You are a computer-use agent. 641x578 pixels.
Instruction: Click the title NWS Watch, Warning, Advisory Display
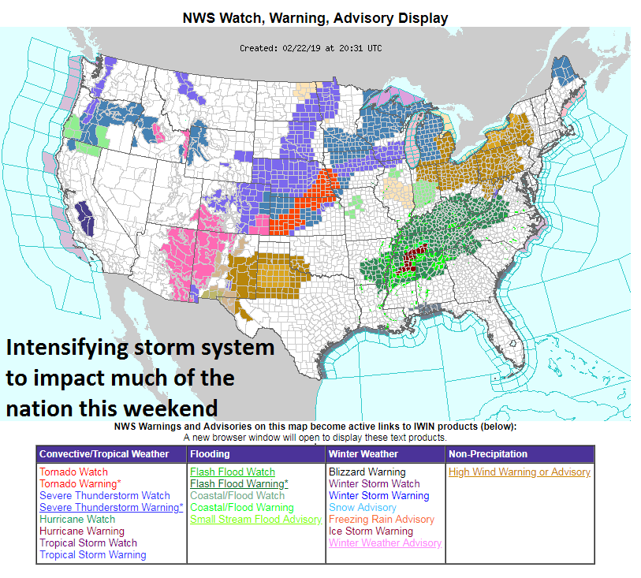tap(315, 17)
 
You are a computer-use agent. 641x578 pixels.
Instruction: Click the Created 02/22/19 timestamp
tap(310, 48)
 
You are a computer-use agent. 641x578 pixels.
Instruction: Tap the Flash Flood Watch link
tap(232, 472)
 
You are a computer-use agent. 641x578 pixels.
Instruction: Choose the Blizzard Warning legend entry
tap(367, 472)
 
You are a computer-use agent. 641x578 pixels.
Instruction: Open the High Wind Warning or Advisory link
tap(519, 472)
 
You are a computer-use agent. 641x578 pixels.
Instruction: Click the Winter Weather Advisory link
tap(385, 543)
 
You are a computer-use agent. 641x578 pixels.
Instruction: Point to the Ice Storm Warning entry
tap(371, 531)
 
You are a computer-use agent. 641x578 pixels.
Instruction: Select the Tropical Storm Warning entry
tap(92, 554)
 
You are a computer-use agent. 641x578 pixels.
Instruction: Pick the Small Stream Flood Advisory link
tap(255, 519)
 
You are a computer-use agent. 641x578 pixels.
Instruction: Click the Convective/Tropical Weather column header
tap(104, 453)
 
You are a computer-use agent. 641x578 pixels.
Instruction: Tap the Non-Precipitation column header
tap(488, 453)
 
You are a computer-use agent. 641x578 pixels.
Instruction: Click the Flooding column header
tap(210, 453)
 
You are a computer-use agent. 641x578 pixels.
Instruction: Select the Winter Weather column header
tap(363, 453)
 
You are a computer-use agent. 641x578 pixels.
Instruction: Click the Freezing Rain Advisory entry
tap(381, 519)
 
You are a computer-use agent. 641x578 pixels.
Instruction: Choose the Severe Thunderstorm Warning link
tap(110, 507)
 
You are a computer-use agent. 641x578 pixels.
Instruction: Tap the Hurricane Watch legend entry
tap(76, 519)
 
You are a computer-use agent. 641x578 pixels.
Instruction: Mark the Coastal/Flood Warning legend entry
tap(241, 507)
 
